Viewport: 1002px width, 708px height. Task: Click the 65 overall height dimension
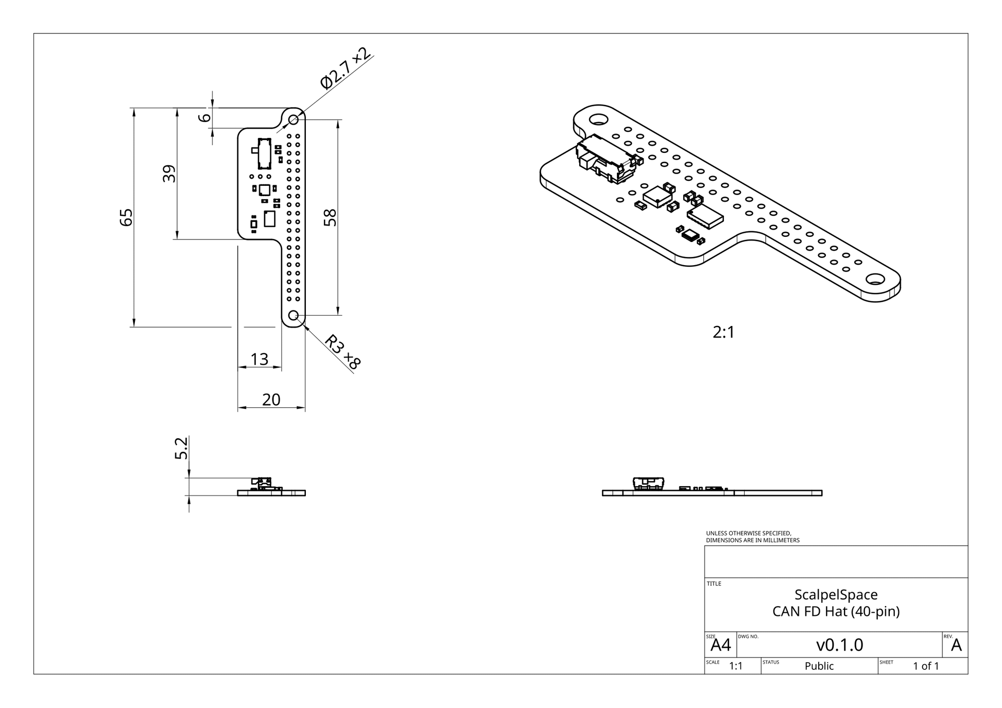[x=126, y=217]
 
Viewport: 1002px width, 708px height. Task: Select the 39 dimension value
[x=169, y=174]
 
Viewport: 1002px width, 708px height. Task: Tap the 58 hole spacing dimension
[x=330, y=217]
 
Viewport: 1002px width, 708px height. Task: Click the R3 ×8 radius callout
[x=342, y=352]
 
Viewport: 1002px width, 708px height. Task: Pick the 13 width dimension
[x=260, y=359]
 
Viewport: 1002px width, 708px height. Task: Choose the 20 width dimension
[x=271, y=400]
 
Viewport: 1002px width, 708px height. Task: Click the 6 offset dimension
[x=205, y=117]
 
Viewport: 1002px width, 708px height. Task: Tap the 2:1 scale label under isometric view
[x=723, y=332]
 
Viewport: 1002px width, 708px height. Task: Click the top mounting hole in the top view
[x=293, y=119]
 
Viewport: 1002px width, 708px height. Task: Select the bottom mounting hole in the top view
[x=293, y=315]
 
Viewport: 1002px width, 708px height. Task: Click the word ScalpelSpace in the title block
[x=836, y=595]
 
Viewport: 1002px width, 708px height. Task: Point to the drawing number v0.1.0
[x=839, y=645]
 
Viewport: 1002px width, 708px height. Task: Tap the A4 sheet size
[x=721, y=645]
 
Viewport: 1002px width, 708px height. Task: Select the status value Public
[x=819, y=666]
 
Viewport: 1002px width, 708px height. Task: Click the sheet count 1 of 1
[x=926, y=666]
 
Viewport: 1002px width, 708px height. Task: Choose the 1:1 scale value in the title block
[x=736, y=666]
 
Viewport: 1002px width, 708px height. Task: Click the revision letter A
[x=956, y=645]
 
